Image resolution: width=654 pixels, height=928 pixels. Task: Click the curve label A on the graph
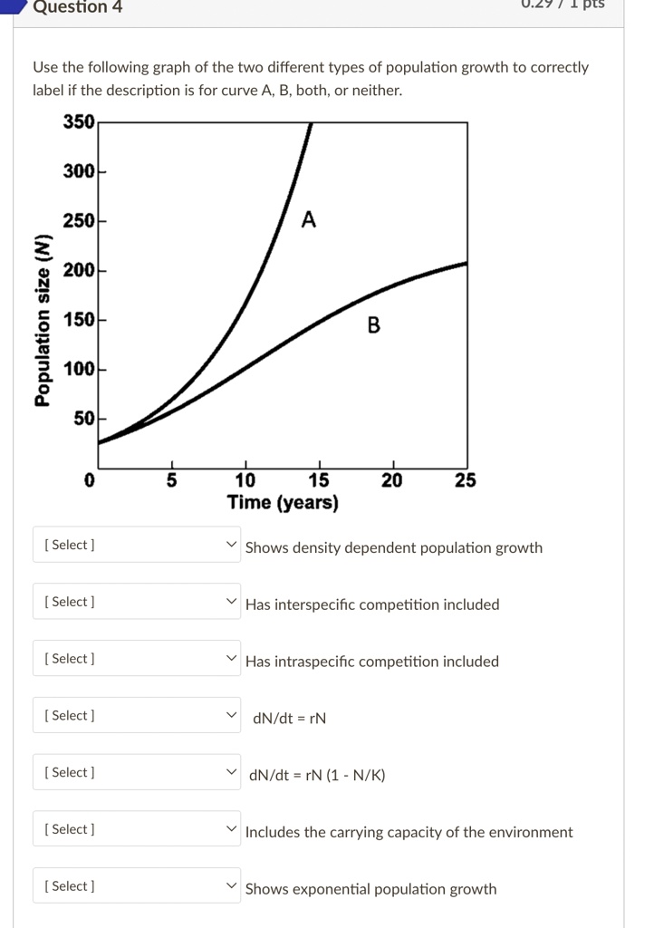pyautogui.click(x=309, y=220)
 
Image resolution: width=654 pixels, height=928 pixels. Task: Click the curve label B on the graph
pyautogui.click(x=373, y=324)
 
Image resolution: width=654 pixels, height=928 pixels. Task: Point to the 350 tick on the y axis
pyautogui.click(x=79, y=122)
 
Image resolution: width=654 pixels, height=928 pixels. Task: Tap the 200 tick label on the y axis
pyautogui.click(x=79, y=270)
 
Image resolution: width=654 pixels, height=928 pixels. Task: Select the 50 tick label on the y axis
pyautogui.click(x=83, y=419)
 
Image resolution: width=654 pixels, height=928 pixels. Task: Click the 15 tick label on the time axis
pyautogui.click(x=319, y=480)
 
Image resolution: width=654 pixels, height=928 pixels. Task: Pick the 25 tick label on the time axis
pyautogui.click(x=465, y=480)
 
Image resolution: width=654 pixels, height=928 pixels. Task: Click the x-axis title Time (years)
pyautogui.click(x=283, y=503)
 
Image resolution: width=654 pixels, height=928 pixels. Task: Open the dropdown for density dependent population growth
pyautogui.click(x=137, y=546)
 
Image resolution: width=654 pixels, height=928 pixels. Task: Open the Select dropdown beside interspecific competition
pyautogui.click(x=137, y=602)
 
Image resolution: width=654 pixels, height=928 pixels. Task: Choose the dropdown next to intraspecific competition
pyautogui.click(x=137, y=659)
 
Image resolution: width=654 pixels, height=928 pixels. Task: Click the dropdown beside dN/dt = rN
pyautogui.click(x=137, y=716)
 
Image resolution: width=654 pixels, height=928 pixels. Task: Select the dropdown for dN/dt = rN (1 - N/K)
pyautogui.click(x=137, y=773)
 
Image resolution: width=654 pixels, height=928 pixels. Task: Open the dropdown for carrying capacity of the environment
pyautogui.click(x=137, y=829)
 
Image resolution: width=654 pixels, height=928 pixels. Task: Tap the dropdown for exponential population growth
pyautogui.click(x=137, y=886)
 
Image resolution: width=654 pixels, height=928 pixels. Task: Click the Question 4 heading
pyautogui.click(x=77, y=7)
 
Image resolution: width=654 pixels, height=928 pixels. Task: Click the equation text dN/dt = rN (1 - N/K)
pyautogui.click(x=319, y=776)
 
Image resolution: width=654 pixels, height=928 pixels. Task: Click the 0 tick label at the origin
pyautogui.click(x=89, y=480)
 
